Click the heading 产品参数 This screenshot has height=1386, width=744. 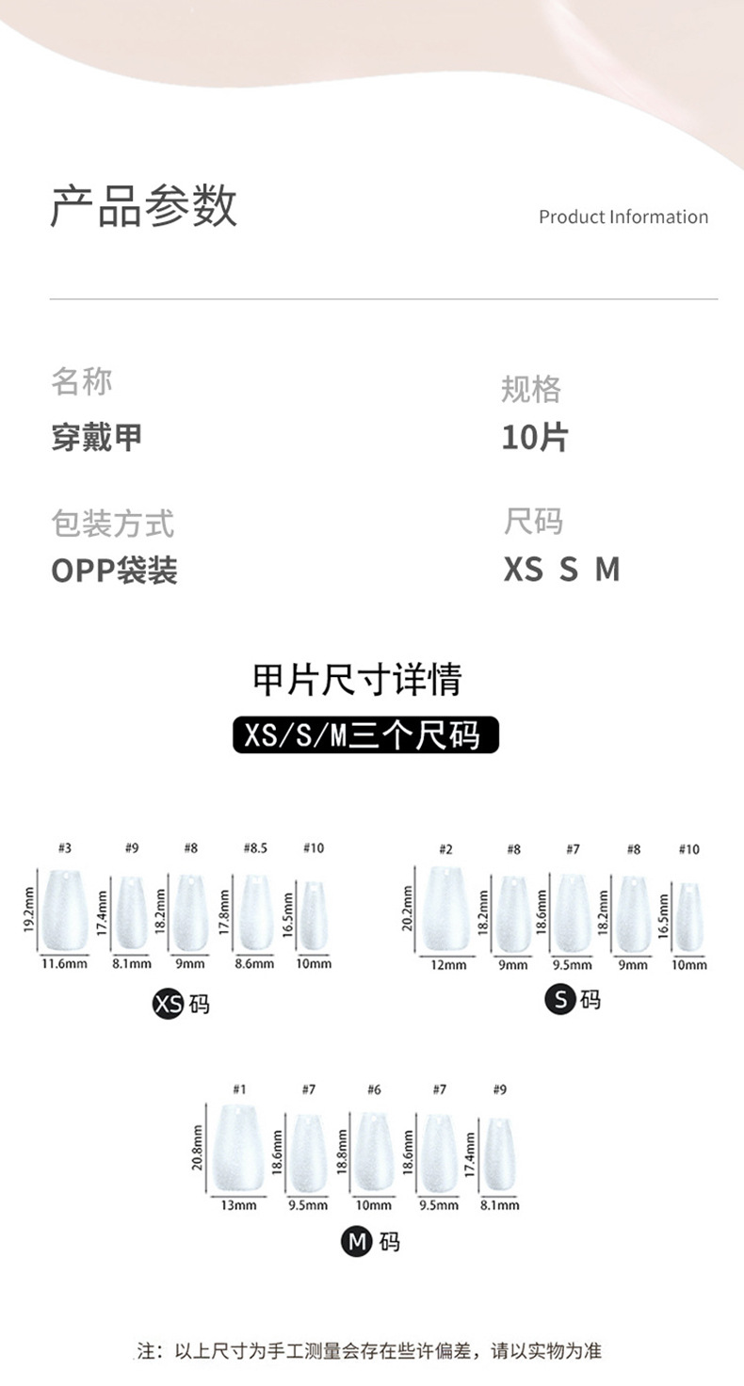coord(143,205)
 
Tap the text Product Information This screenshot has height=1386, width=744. coord(623,218)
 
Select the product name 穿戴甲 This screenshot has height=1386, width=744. coord(97,438)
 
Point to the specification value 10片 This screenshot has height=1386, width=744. coord(535,438)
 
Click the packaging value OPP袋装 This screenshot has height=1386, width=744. coord(115,570)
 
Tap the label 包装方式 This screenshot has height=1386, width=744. coord(113,524)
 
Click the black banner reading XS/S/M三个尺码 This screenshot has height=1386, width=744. coord(365,734)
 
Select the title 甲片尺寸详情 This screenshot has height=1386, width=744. coord(357,679)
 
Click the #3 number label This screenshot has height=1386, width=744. coord(65,847)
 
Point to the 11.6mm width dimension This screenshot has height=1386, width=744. coord(64,963)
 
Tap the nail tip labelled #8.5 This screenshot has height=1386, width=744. coord(256,912)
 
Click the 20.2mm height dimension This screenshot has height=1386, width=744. coord(407,909)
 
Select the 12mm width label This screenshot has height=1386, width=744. coord(448,964)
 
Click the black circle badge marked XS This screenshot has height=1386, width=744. coord(168,1004)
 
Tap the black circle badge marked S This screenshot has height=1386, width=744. coord(560,999)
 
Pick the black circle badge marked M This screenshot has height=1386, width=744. coord(357,1241)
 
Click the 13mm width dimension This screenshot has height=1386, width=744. coord(238,1204)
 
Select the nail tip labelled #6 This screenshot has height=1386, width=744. coord(373,1152)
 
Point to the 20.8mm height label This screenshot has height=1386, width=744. coord(197,1148)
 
